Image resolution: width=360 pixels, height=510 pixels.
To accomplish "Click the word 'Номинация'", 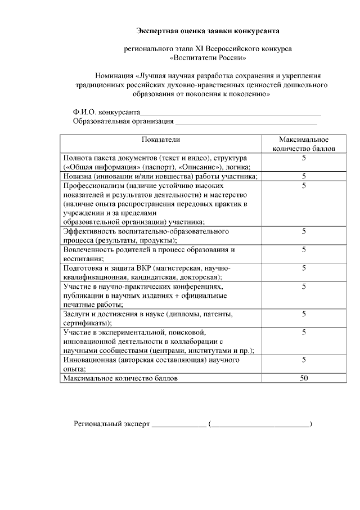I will coord(115,75).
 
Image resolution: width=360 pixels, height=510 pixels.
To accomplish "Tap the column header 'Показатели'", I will coord(161,139).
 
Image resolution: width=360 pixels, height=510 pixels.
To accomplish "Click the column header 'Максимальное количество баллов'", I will coord(304,144).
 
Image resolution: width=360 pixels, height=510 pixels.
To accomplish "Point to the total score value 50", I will coord(304,378).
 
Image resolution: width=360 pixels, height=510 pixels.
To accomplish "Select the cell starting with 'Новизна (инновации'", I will coord(160,176).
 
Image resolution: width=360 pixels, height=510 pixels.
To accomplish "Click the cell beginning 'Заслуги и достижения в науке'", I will coord(147,318).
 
